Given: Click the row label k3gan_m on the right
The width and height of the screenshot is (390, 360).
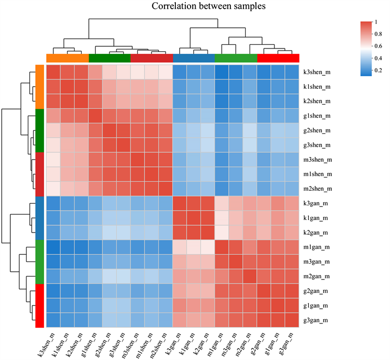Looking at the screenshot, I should [320, 204].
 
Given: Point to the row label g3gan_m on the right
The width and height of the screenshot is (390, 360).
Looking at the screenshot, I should [320, 320].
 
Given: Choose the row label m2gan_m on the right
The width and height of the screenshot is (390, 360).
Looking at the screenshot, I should [320, 276].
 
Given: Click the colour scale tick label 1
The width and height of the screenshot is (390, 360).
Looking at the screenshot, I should [379, 22].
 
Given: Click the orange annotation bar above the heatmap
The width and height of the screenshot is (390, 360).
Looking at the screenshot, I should [68, 58].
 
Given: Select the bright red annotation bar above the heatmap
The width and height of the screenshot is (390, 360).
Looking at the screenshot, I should [278, 58].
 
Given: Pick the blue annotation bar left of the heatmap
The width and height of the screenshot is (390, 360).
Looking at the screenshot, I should [39, 218].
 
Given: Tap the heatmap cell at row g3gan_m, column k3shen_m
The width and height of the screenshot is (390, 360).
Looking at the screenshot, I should [53, 320].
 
